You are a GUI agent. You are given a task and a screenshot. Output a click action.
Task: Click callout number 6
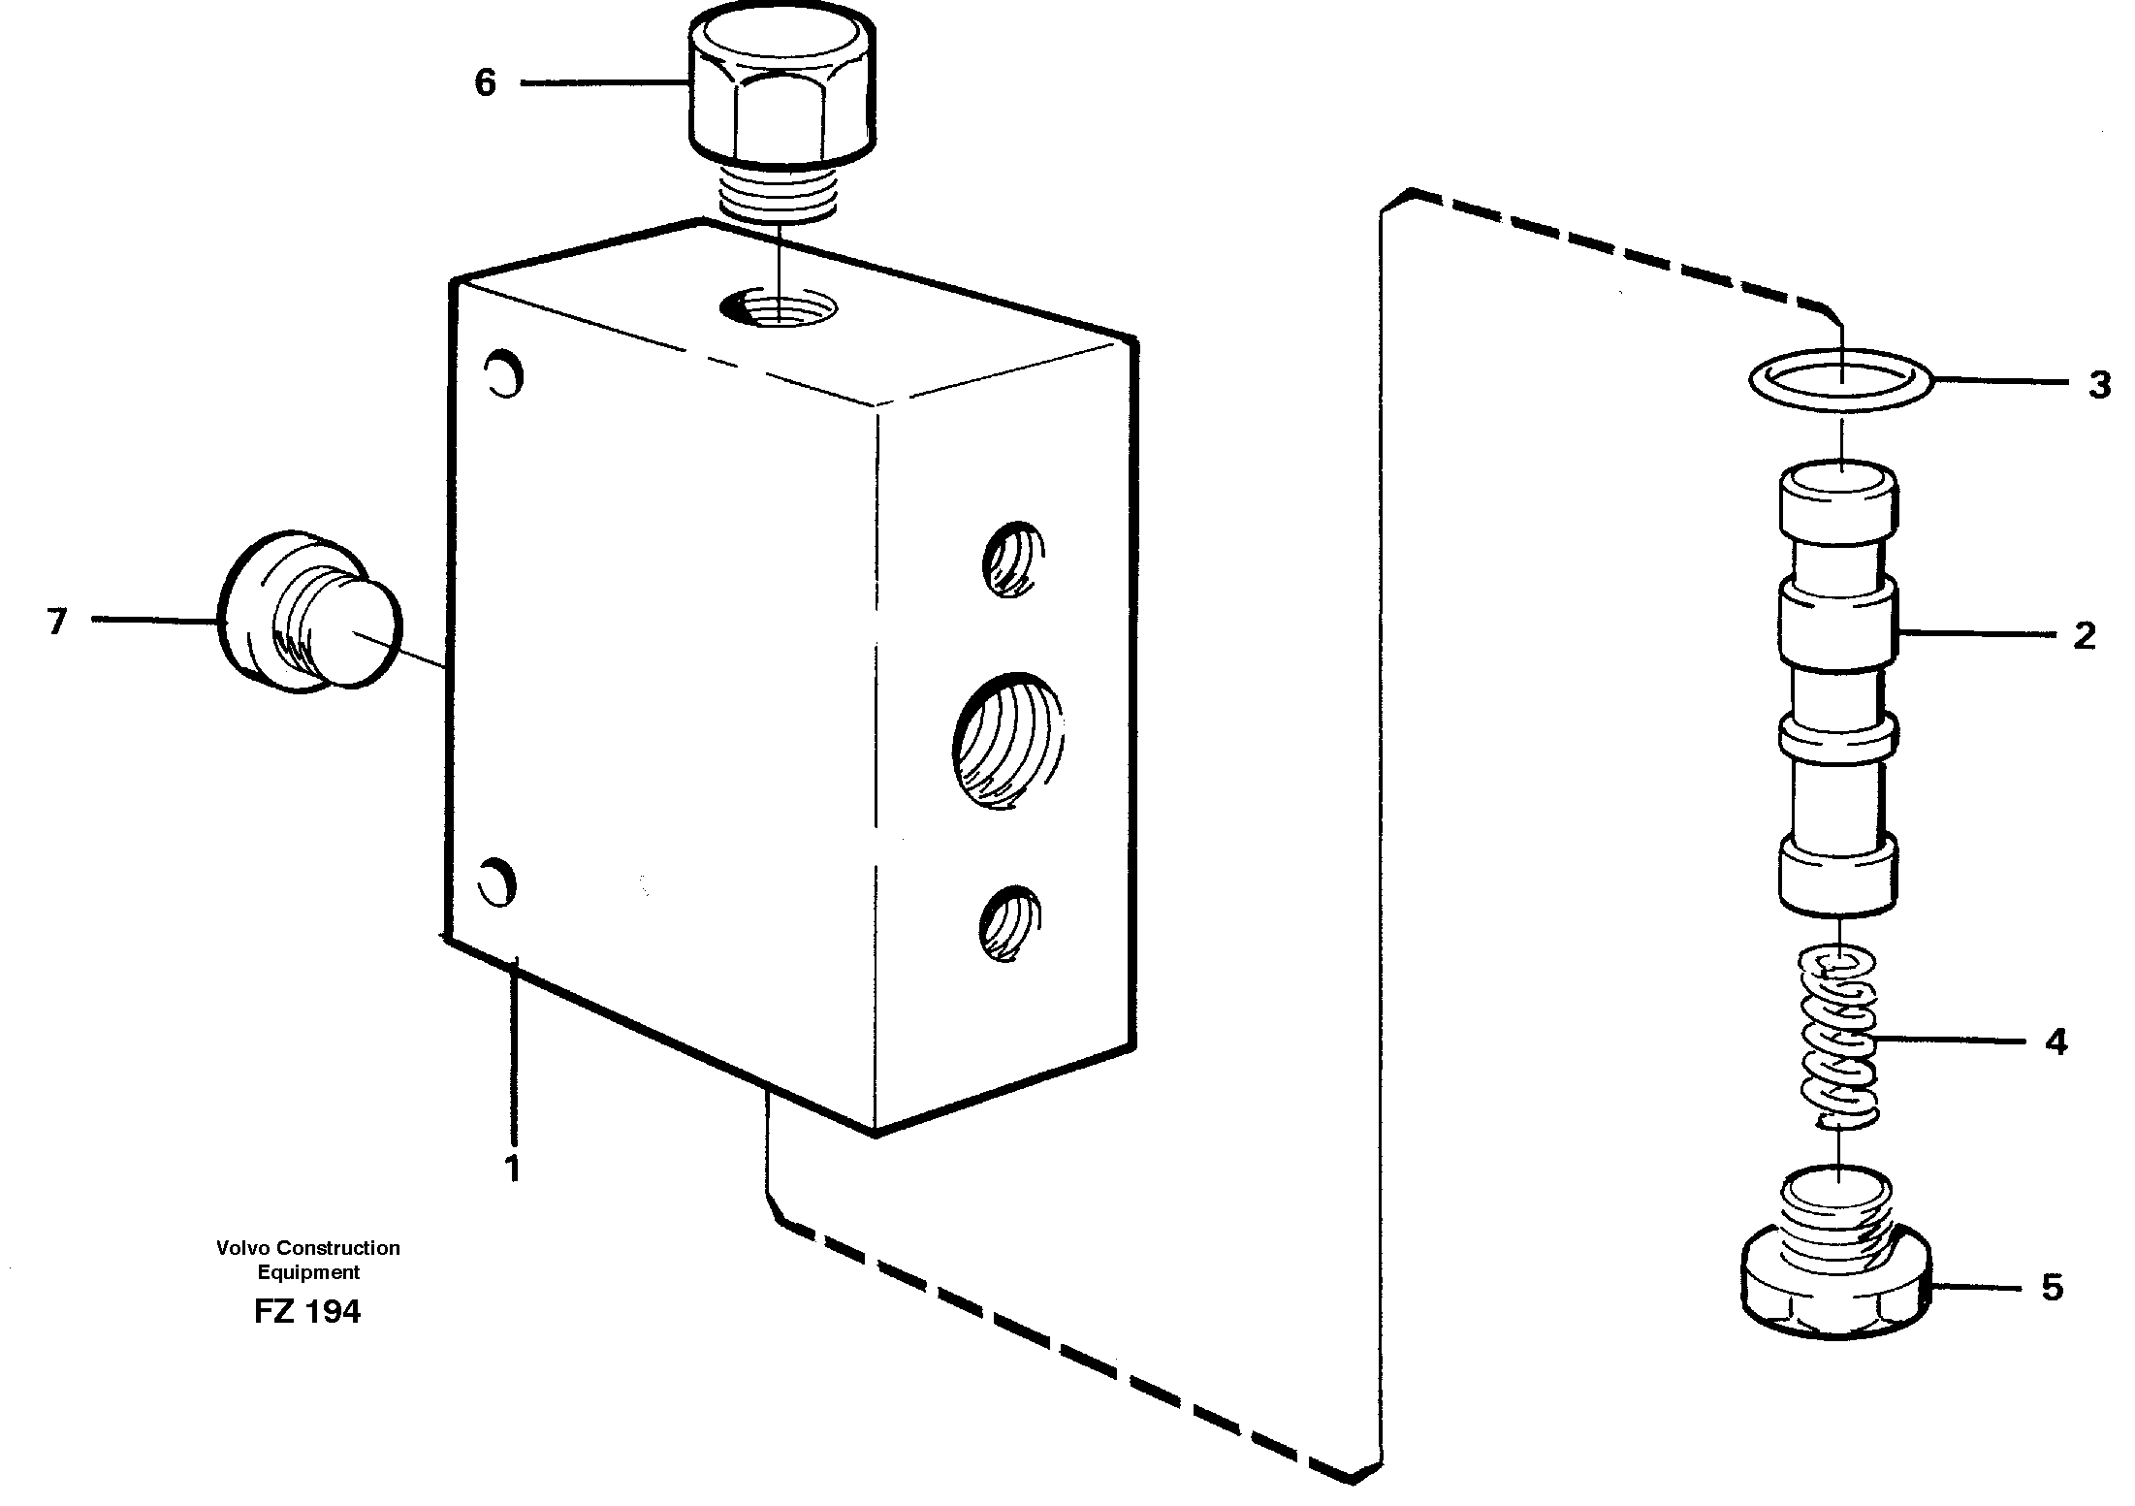485,83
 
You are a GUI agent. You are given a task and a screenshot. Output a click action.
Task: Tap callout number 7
57,621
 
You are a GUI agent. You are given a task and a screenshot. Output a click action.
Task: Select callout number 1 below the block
512,1169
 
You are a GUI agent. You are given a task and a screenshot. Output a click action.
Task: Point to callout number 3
2100,385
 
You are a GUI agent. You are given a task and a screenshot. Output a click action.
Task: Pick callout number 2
2085,636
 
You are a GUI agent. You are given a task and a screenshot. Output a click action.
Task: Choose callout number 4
2056,1042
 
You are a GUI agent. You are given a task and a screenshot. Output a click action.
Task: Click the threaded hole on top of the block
780,309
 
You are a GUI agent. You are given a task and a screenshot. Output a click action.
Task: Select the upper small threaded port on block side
1010,560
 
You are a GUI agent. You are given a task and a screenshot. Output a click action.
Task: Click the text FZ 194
307,1311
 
